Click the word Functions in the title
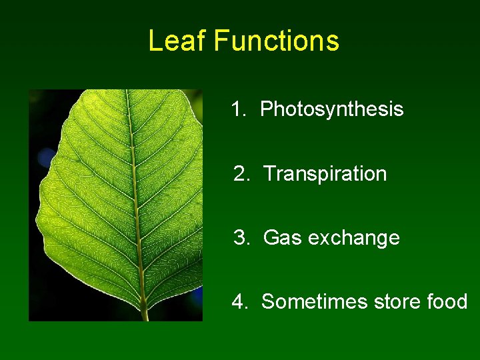click(x=277, y=41)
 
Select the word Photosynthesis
click(x=331, y=109)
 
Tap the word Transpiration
click(x=325, y=174)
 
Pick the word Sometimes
click(x=314, y=302)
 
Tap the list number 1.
click(x=237, y=109)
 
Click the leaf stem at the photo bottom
click(x=144, y=312)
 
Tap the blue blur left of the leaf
click(x=46, y=157)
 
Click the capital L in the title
click(x=155, y=41)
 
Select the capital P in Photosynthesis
click(x=266, y=109)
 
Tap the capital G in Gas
click(x=271, y=238)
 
